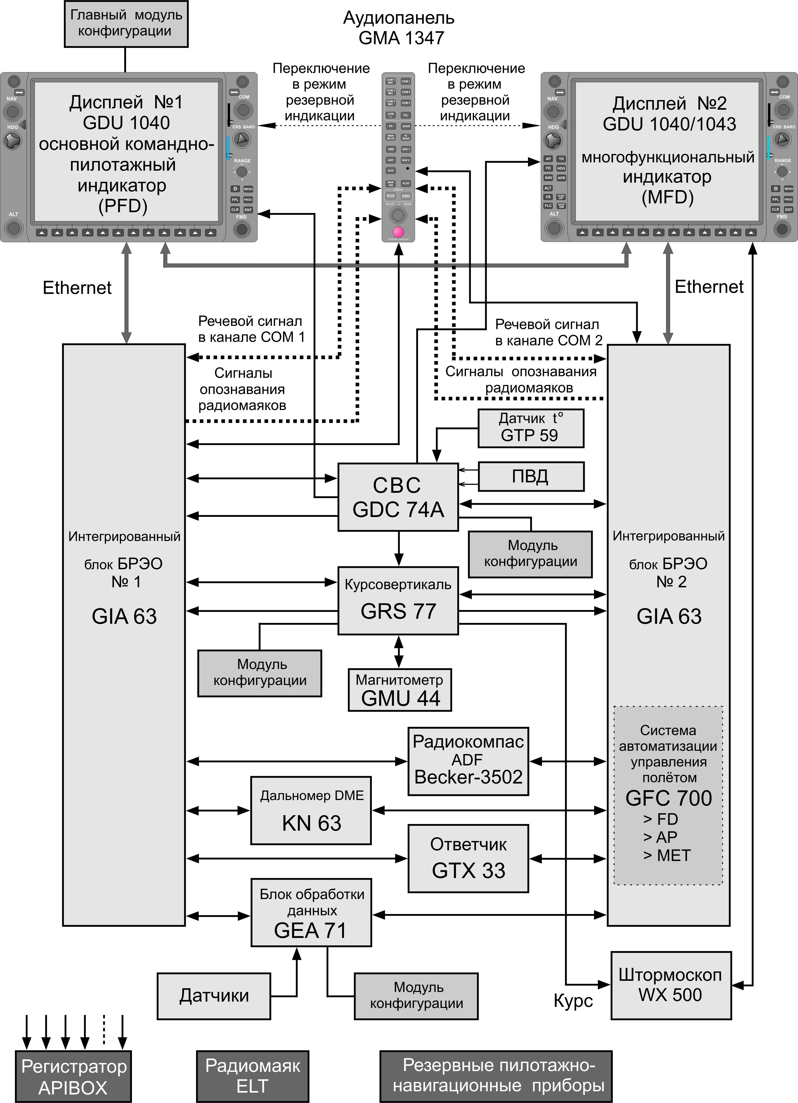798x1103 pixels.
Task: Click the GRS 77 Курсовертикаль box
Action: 398,601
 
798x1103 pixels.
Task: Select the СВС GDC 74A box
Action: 398,497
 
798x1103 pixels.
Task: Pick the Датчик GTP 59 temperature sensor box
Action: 531,428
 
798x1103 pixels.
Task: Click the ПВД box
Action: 531,477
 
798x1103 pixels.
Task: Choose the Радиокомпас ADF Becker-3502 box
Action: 468,761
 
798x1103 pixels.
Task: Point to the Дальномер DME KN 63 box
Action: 311,810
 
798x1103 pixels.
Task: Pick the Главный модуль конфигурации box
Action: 126,23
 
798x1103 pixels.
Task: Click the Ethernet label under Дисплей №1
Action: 77,288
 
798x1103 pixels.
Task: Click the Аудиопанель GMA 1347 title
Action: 399,28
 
